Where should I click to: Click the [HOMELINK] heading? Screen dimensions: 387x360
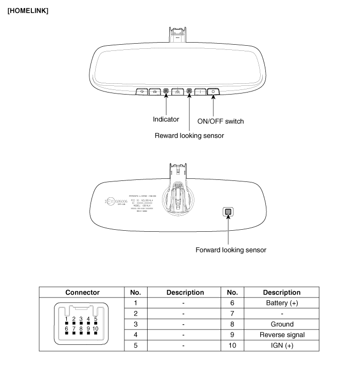28,11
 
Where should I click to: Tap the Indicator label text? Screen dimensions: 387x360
166,119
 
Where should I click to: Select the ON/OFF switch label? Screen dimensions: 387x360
221,121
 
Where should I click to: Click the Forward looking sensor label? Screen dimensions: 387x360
230,250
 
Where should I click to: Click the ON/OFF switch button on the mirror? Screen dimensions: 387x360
213,91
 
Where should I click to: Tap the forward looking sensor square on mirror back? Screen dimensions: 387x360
228,212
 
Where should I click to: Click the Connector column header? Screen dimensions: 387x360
82,292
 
